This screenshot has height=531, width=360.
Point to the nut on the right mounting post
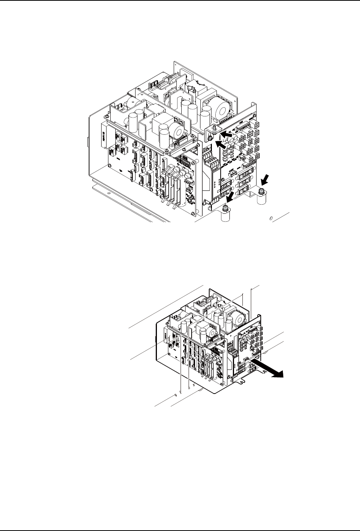[262, 191]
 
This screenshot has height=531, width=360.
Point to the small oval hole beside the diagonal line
[271, 219]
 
